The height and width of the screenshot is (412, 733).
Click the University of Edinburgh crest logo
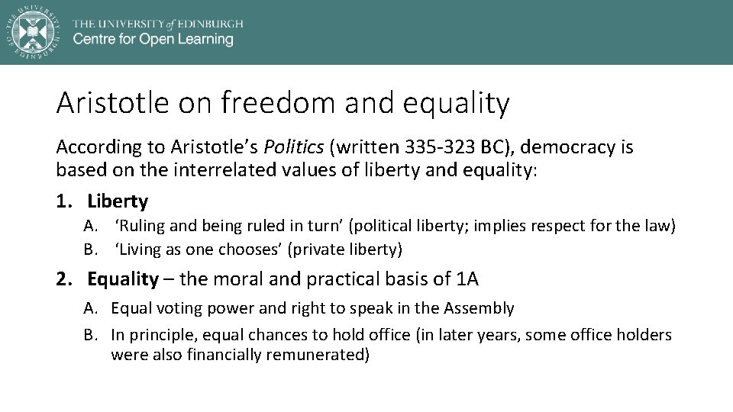click(31, 31)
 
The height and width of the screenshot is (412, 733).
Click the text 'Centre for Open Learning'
click(153, 40)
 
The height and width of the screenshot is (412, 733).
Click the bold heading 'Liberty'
click(118, 201)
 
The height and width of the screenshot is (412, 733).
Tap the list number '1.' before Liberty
click(65, 201)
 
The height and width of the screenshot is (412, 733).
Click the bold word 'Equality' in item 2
click(122, 279)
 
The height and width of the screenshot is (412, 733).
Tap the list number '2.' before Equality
click(65, 279)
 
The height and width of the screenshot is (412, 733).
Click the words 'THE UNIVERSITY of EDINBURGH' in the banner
click(158, 23)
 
